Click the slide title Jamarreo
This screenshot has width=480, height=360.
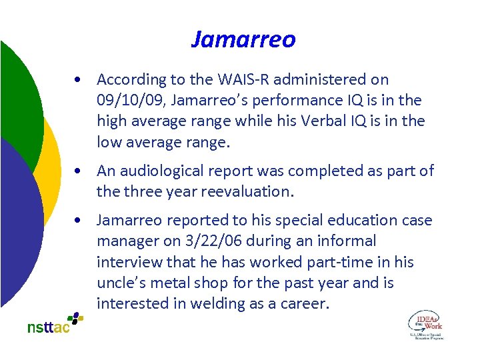coord(243,40)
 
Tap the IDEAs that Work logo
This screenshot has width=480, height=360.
coord(425,324)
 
